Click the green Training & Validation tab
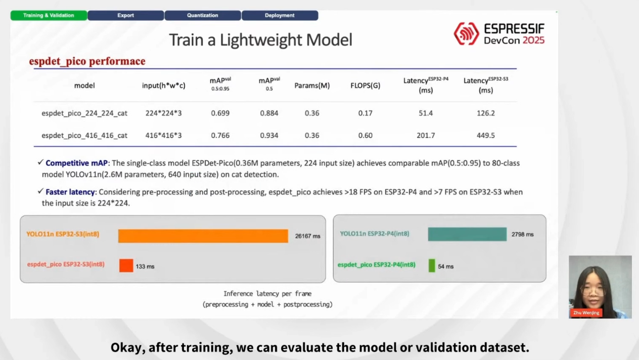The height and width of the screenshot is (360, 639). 49,15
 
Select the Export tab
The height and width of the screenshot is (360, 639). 125,15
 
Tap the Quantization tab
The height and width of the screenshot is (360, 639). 203,15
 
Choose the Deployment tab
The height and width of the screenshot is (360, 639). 280,15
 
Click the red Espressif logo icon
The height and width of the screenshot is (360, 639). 467,34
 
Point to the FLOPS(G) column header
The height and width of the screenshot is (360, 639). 365,85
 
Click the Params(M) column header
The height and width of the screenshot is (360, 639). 312,85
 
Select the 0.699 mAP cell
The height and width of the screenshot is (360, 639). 220,113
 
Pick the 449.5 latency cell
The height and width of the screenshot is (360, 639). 485,135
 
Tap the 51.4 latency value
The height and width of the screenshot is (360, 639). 426,113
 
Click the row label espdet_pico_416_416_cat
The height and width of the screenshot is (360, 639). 84,136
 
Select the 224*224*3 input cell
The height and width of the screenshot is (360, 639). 163,113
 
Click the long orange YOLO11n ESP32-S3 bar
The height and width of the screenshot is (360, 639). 203,236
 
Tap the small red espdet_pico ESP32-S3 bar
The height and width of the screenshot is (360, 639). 126,265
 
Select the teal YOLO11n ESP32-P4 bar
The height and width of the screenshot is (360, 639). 467,234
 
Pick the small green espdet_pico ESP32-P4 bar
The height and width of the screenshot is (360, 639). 432,265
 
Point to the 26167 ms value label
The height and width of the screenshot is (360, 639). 307,236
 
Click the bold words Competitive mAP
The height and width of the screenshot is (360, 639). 76,163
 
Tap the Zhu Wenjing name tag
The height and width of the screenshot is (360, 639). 586,312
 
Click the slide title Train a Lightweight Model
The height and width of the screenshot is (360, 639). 261,39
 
